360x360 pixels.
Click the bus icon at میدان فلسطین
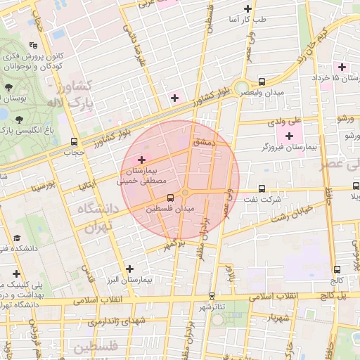click(168, 198)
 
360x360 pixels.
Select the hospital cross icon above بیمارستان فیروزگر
click(289, 134)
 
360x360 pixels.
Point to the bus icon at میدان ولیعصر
click(262, 82)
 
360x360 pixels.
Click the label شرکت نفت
click(265, 200)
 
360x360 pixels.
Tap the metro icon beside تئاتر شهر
click(212, 296)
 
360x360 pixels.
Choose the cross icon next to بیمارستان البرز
click(129, 268)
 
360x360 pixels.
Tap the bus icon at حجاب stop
click(75, 141)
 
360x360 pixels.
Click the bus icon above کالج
click(337, 268)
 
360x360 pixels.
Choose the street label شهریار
click(263, 318)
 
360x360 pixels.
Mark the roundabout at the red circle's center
click(186, 193)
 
